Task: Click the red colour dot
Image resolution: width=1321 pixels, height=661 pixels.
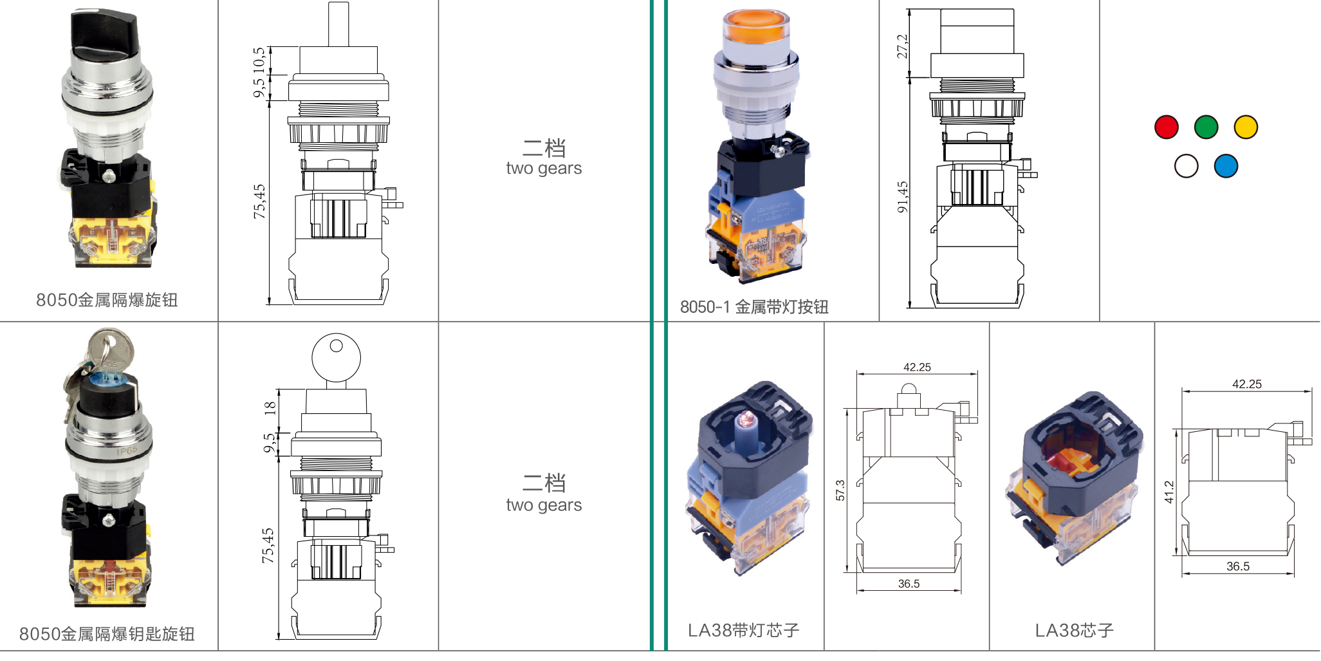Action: coord(1166,127)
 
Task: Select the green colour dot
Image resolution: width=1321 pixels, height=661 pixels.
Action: coord(1206,127)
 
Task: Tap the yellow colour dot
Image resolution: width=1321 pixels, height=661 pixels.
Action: coord(1246,127)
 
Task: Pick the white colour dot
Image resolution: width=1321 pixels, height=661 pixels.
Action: coord(1186,166)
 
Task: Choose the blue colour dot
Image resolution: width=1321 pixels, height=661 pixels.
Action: coord(1226,166)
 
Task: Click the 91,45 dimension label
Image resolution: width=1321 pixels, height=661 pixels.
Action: coord(902,197)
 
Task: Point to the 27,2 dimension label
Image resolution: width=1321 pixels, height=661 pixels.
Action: coord(902,46)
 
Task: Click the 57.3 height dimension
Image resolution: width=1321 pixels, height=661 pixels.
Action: coord(840,490)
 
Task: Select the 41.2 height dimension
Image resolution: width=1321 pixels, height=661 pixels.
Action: coord(1169,492)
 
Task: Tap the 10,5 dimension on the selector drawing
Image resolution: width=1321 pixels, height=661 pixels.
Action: coord(259,59)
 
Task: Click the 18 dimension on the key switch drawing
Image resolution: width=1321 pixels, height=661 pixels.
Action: coord(270,407)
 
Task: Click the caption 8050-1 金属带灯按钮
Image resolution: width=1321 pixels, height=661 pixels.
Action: coord(754,307)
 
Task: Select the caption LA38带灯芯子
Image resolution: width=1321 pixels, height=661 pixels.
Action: coord(743,630)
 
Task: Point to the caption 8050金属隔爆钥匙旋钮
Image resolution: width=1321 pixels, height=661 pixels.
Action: coord(107,634)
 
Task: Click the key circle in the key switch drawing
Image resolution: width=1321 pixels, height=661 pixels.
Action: coord(336,358)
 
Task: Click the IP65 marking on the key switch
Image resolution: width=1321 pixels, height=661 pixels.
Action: coord(127,451)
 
